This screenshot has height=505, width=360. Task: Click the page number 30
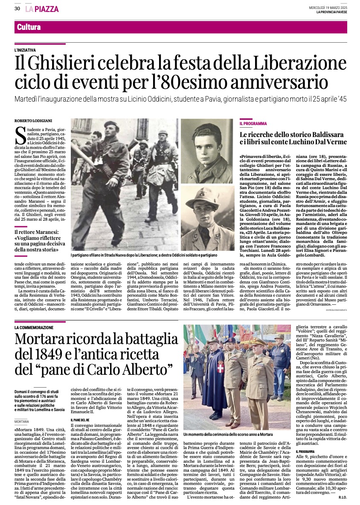tap(17, 9)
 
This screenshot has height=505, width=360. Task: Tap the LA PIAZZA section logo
tap(42, 9)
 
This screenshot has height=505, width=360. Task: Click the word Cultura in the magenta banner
tap(29, 27)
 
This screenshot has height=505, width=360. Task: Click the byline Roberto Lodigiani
tap(32, 121)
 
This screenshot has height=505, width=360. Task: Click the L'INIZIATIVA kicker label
tap(25, 50)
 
